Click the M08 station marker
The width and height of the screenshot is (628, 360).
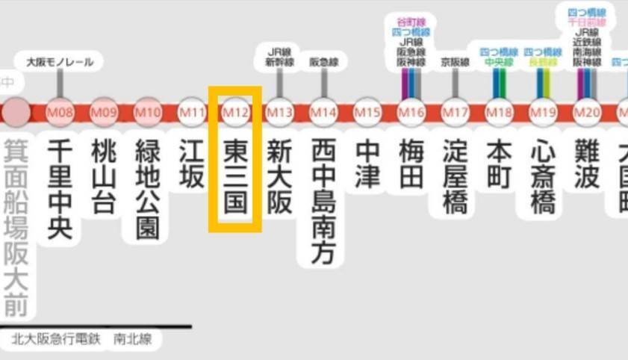tap(60, 113)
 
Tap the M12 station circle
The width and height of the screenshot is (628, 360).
tap(235, 113)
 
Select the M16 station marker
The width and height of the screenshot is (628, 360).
tap(411, 113)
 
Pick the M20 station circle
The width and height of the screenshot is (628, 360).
tap(587, 113)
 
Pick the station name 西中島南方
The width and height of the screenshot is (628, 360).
tap(323, 202)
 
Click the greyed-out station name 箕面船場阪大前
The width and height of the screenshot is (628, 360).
tap(16, 227)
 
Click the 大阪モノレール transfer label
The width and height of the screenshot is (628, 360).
tap(60, 62)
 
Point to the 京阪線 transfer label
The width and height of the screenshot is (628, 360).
tap(455, 62)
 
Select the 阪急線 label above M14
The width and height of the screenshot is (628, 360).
tap(323, 63)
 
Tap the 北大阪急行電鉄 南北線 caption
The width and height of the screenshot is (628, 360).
tap(81, 339)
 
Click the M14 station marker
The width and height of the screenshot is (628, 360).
tap(323, 113)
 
